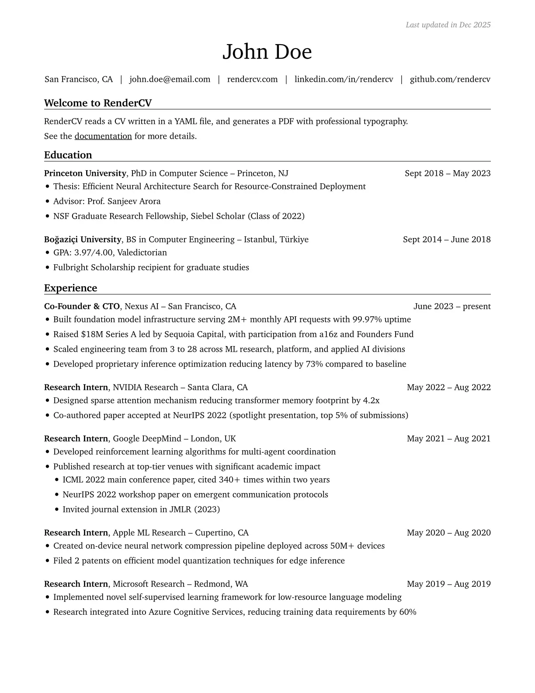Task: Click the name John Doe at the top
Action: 267,52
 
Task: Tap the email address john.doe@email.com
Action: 170,79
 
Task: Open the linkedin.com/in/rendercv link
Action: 344,79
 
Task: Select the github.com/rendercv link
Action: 450,79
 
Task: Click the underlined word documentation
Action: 103,136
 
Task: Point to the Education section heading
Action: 68,155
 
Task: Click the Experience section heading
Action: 71,288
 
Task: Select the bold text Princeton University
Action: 85,173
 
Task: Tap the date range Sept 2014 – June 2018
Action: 447,239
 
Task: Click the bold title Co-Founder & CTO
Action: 82,306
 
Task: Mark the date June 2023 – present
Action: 452,306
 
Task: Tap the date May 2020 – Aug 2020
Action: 448,532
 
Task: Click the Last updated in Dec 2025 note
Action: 448,25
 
